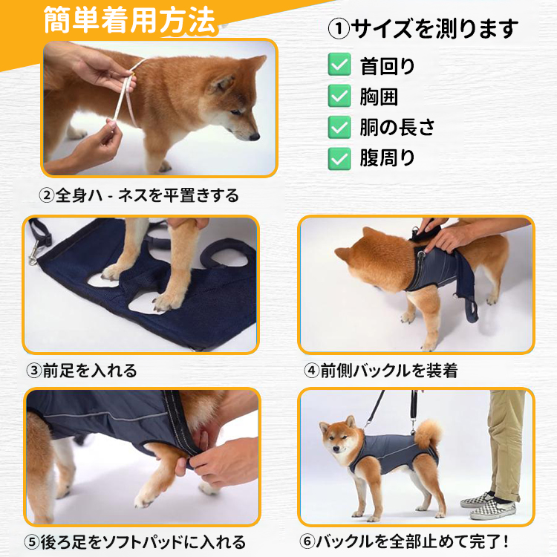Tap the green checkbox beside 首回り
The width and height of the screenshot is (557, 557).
click(x=339, y=65)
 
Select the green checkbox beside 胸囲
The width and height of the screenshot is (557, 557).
click(x=339, y=96)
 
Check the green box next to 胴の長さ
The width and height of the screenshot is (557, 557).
click(x=339, y=127)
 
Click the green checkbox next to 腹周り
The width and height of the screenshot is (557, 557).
click(x=339, y=158)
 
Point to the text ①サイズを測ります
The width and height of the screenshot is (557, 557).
click(x=423, y=30)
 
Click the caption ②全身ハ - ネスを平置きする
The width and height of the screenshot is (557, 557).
click(x=139, y=196)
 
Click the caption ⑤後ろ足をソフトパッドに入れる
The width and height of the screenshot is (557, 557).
click(x=135, y=542)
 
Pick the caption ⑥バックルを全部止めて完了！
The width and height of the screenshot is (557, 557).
click(x=408, y=542)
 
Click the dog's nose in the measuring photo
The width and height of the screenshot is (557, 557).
click(x=255, y=136)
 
